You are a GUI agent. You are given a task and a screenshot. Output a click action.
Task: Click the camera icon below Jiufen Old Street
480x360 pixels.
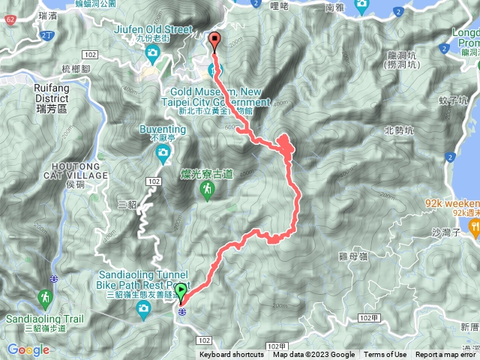(152, 52)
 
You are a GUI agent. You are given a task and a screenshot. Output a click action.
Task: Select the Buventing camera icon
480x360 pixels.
(162, 154)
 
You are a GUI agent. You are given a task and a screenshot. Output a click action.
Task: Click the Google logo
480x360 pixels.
(28, 349)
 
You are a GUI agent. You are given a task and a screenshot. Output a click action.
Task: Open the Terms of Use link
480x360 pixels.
(385, 355)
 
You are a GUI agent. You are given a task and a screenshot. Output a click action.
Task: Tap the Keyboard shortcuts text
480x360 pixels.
(232, 355)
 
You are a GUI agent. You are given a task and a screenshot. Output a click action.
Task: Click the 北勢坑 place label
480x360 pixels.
(397, 130)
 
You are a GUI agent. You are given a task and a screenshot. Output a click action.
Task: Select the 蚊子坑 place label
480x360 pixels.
(453, 100)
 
